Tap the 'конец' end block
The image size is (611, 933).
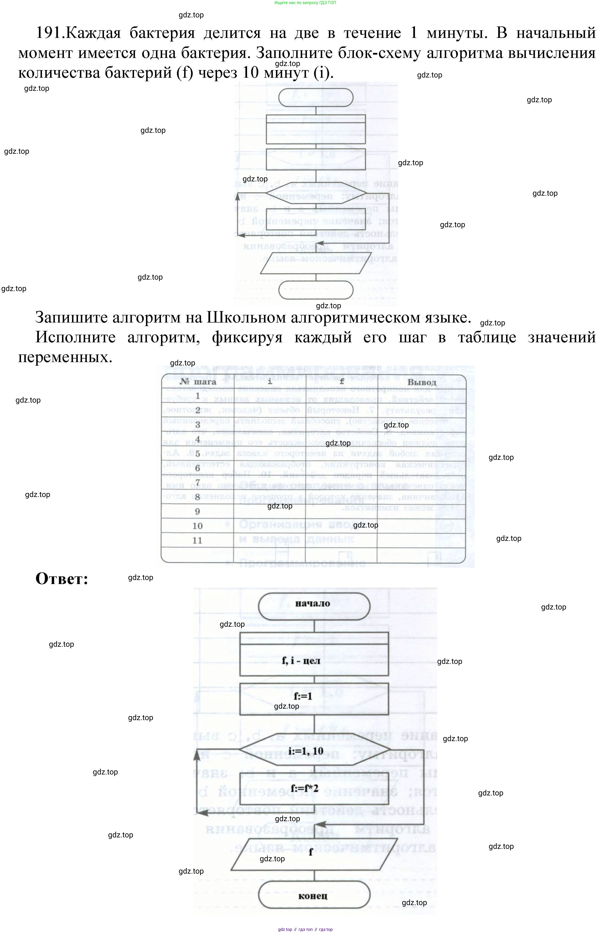(314, 896)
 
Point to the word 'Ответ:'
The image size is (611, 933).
(62, 579)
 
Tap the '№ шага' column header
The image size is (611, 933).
(198, 381)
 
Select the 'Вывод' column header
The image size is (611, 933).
(422, 382)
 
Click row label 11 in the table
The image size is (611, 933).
(197, 540)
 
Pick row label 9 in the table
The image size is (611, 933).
(197, 511)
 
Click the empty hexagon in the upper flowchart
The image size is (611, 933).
(316, 193)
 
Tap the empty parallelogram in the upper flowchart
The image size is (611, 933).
(316, 263)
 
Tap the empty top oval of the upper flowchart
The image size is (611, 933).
(316, 97)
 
